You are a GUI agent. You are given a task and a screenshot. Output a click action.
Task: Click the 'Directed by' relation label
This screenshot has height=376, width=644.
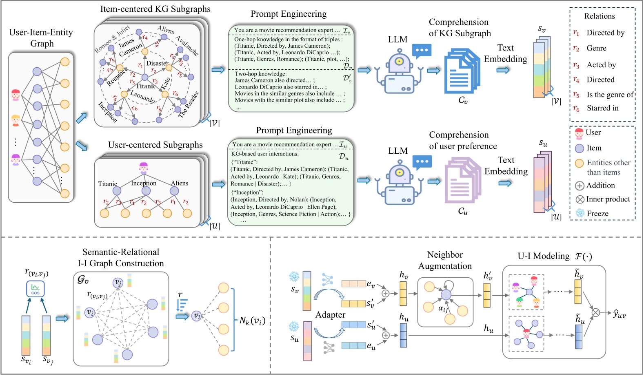point(605,33)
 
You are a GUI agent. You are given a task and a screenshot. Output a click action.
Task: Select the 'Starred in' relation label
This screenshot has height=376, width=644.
point(602,108)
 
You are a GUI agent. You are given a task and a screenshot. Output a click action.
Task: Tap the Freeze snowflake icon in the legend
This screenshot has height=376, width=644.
point(580,213)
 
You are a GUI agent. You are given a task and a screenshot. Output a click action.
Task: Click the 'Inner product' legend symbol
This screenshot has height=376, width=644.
point(580,199)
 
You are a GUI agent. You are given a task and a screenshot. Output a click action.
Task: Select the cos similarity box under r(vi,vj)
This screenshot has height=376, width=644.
point(36,289)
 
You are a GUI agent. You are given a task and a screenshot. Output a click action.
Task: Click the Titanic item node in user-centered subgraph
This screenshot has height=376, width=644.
point(117,191)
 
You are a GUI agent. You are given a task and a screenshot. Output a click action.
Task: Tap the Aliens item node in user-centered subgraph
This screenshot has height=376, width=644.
point(175,191)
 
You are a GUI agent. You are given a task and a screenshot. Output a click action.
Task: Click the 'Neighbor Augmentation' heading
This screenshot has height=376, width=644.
point(445,260)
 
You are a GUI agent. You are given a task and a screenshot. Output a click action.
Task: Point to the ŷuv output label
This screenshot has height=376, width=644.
point(619,313)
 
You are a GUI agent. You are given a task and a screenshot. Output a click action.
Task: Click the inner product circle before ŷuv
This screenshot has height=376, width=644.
point(596,313)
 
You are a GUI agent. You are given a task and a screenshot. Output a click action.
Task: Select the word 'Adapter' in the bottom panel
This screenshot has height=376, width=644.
point(330,315)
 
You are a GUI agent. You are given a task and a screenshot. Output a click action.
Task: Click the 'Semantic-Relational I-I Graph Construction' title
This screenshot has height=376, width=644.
point(121,258)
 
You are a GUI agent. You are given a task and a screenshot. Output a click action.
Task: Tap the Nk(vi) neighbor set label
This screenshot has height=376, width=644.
point(252,321)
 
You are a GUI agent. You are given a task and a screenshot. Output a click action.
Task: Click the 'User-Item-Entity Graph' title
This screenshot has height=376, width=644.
point(41,38)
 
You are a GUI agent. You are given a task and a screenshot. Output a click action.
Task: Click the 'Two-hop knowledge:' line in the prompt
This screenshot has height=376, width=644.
point(261,74)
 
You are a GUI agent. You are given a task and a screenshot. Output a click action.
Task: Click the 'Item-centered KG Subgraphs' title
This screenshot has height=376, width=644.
point(155,9)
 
